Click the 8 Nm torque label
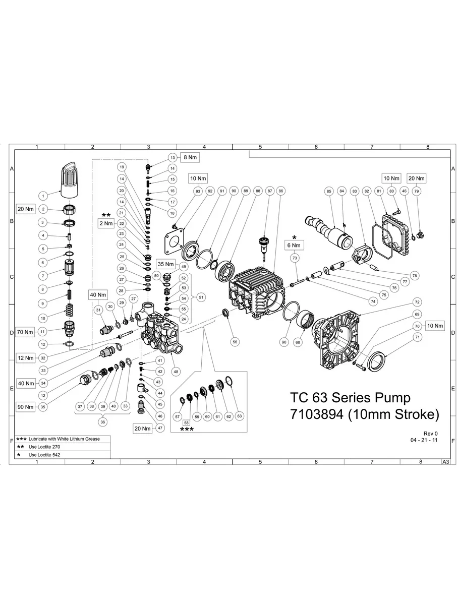pyautogui.click(x=191, y=157)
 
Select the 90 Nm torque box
pyautogui.click(x=25, y=407)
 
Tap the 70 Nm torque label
pyautogui.click(x=25, y=332)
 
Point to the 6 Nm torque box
pyautogui.click(x=295, y=246)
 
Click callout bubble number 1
pyautogui.click(x=43, y=195)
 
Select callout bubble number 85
pyautogui.click(x=329, y=191)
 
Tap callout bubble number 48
pyautogui.click(x=176, y=371)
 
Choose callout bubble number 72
pyautogui.click(x=417, y=301)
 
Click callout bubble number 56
pyautogui.click(x=235, y=341)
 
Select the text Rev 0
pyautogui.click(x=431, y=434)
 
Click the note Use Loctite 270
pyautogui.click(x=45, y=447)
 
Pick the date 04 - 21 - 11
pyautogui.click(x=424, y=440)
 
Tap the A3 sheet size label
pyautogui.click(x=445, y=461)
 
